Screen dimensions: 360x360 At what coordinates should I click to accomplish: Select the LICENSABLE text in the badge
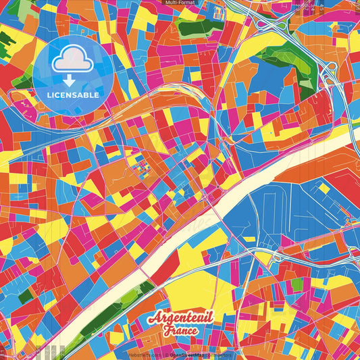tap(73, 95)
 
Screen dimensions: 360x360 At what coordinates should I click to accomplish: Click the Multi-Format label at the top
tap(179, 3)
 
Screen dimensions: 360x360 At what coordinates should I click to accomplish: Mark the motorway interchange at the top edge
tap(274, 24)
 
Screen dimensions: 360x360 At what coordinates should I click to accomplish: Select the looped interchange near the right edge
tap(330, 75)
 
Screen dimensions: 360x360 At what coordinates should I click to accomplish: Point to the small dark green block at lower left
tap(26, 296)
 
